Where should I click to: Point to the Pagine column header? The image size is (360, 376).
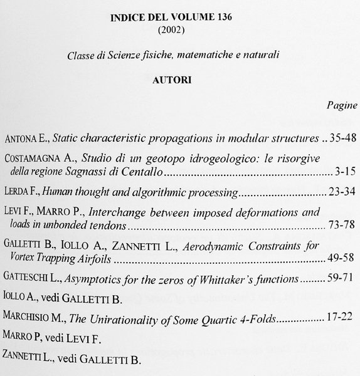(x=342, y=106)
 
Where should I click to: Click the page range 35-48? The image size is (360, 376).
(x=342, y=138)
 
